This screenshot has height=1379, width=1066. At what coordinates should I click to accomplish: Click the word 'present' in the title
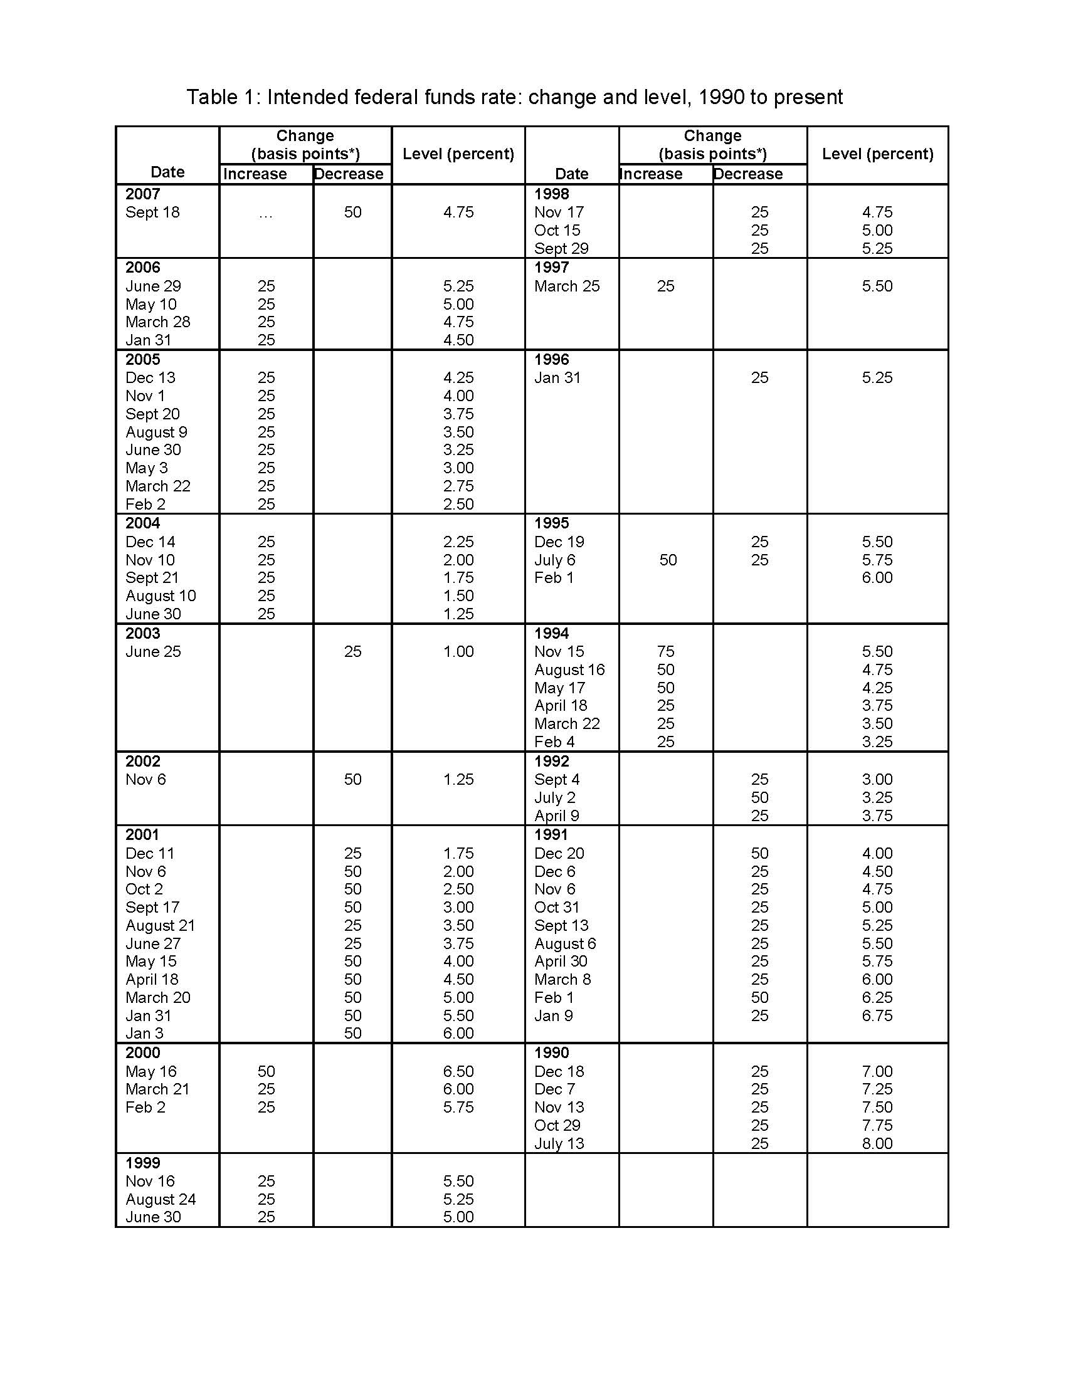[808, 97]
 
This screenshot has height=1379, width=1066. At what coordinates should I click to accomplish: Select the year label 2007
[143, 194]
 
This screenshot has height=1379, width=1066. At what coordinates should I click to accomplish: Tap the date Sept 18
[152, 212]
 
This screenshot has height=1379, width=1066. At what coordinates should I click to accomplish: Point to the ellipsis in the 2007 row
[266, 214]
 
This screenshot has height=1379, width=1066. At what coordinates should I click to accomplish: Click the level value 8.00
[877, 1143]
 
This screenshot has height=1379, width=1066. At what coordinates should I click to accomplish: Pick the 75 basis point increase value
[665, 652]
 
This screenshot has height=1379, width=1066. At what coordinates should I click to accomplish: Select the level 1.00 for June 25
[458, 652]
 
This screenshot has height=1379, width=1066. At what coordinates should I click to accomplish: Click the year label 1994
[551, 633]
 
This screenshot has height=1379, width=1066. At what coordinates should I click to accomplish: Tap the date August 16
[569, 669]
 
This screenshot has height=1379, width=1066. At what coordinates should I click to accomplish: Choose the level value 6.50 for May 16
[458, 1071]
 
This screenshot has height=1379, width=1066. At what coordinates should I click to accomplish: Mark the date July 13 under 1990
[559, 1143]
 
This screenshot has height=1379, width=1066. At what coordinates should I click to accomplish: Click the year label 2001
[142, 835]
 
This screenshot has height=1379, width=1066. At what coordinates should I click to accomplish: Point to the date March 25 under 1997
[566, 286]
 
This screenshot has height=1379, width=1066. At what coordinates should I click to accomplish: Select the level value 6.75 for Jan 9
[877, 1016]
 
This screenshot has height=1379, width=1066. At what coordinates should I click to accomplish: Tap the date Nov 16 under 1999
[150, 1182]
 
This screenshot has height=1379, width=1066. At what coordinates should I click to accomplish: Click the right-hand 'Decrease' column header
[747, 174]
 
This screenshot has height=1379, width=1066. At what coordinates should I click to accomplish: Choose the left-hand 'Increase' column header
[255, 174]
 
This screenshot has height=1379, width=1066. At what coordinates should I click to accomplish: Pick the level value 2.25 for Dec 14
[458, 542]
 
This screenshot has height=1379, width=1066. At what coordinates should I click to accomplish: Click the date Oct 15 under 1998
[557, 231]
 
